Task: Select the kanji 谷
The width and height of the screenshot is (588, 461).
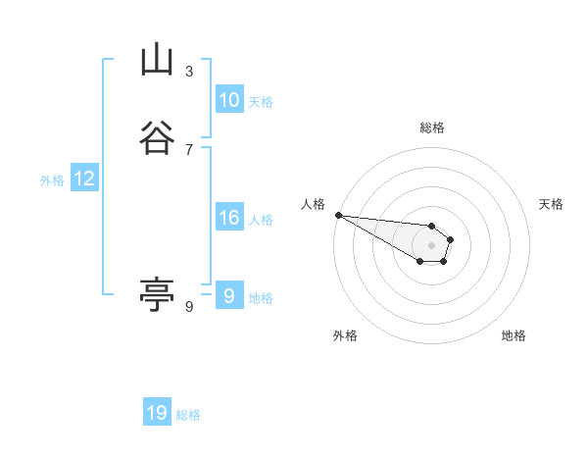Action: pos(157,138)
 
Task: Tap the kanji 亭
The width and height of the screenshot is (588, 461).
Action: pos(157,294)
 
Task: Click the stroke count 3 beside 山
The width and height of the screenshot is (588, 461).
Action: pos(189,71)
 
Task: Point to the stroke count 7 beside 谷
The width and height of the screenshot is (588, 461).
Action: pos(189,149)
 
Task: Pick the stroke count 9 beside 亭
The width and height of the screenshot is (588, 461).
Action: pos(189,307)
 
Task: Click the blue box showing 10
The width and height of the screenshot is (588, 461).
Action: pos(229,100)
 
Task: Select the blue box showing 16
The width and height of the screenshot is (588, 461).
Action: pos(229,218)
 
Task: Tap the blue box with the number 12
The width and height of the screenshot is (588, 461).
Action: pos(84,179)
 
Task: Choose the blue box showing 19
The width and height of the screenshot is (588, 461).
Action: pos(157,413)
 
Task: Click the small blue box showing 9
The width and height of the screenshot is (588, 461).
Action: pos(229,296)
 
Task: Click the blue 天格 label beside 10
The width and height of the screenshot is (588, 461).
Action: pos(261,102)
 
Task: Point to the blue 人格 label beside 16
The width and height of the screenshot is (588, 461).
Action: pos(261,220)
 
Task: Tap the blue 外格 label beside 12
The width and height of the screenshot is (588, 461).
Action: pos(52,180)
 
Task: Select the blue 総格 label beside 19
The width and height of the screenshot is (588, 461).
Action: pos(188,415)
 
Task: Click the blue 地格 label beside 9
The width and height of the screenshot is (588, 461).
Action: pos(261,298)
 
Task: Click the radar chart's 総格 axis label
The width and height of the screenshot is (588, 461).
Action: pos(432,128)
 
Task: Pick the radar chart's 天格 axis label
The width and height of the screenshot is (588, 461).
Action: pos(551,204)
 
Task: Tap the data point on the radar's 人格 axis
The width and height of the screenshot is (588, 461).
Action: pos(338,215)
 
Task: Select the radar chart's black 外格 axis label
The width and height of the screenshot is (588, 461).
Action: pos(345,335)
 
